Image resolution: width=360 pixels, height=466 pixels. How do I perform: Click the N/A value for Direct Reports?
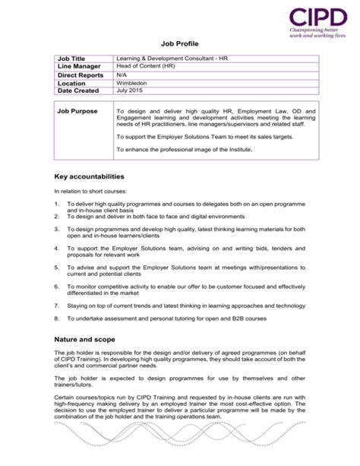[122, 76]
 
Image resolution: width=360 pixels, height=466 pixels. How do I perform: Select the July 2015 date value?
[129, 91]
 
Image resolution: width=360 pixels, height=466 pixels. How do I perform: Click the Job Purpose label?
[79, 111]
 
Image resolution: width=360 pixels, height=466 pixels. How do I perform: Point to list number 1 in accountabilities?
[57, 204]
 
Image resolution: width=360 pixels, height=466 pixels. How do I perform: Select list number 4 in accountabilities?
[57, 249]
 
